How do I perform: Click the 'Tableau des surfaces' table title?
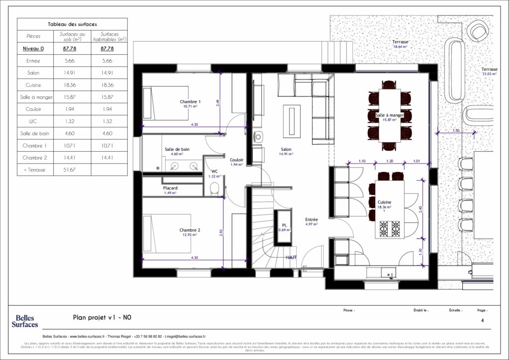point(72,24)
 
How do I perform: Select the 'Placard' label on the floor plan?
point(170,188)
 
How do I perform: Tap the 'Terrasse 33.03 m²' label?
point(489,71)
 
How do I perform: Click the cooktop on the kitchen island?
point(390,229)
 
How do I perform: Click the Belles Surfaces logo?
point(25,321)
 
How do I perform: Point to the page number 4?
point(482,321)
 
